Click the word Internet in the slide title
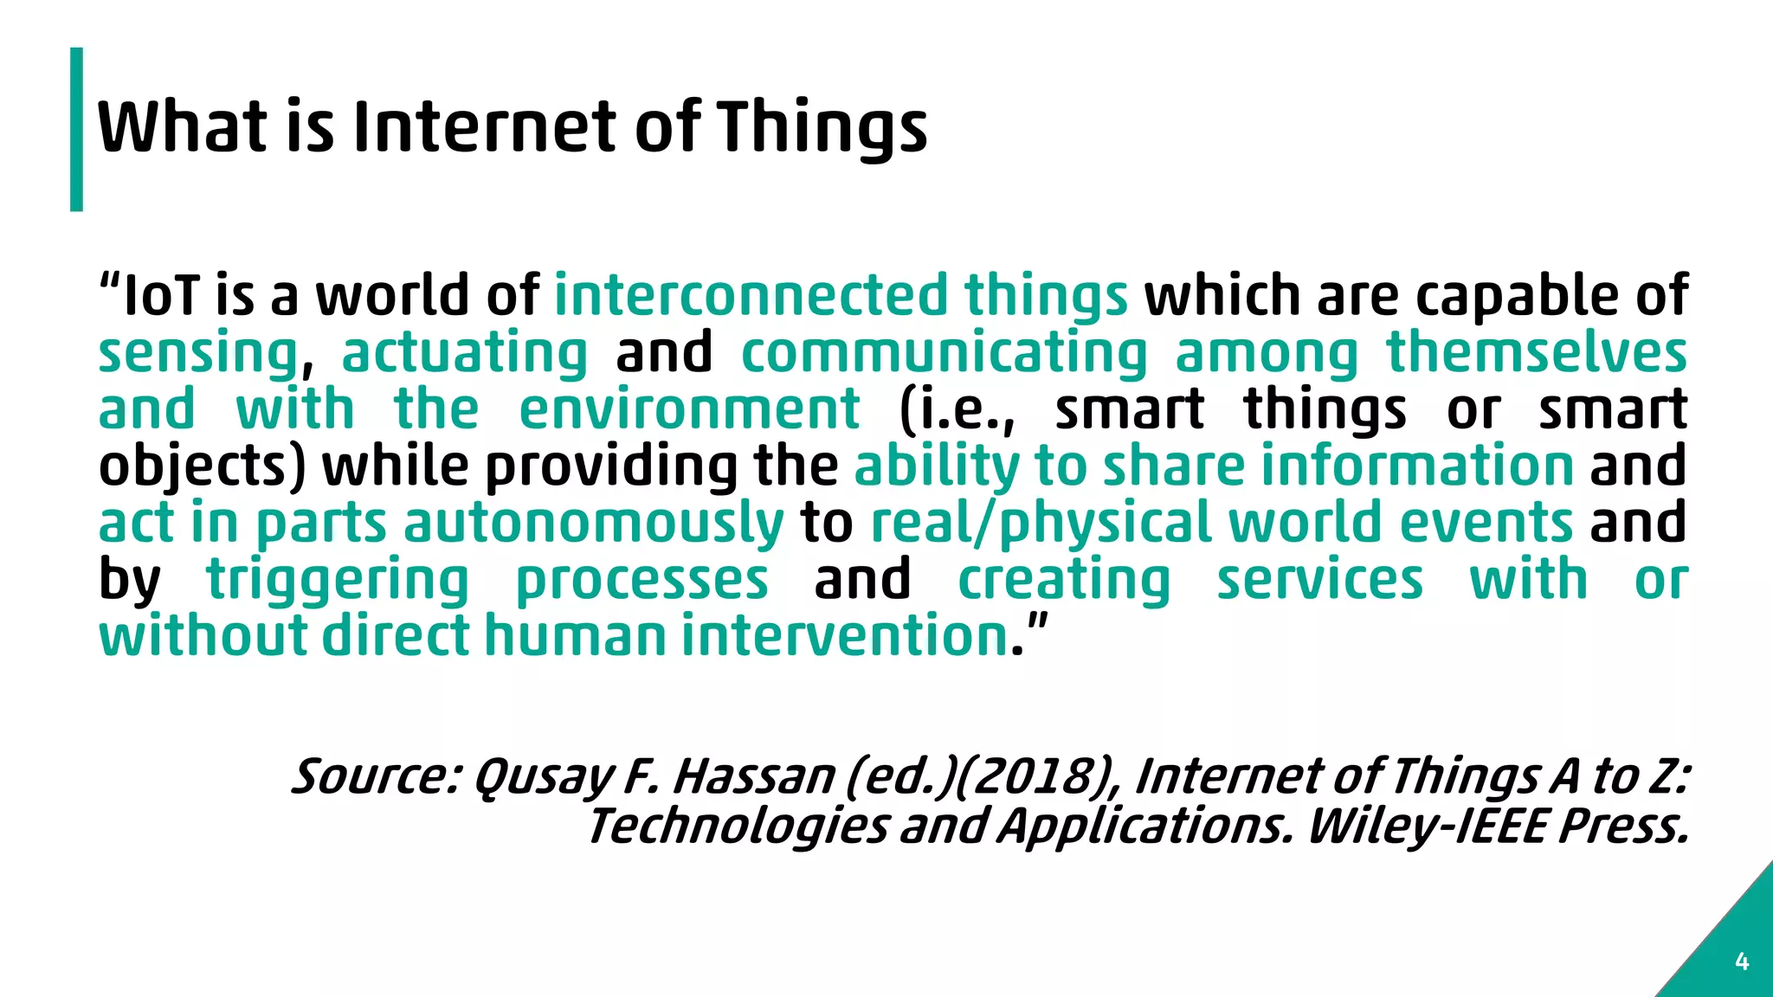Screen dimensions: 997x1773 485,127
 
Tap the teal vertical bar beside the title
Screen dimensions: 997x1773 77,129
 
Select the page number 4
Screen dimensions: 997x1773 1742,962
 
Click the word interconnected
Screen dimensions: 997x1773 751,295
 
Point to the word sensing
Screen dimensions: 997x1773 198,353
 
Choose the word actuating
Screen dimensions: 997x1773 465,353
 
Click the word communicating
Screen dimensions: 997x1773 944,353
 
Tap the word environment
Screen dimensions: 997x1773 689,409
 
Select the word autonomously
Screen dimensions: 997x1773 593,524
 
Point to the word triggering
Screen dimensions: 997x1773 338,580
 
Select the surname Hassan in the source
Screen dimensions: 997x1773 754,775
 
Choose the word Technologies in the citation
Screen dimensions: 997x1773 738,826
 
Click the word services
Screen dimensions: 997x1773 1320,580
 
